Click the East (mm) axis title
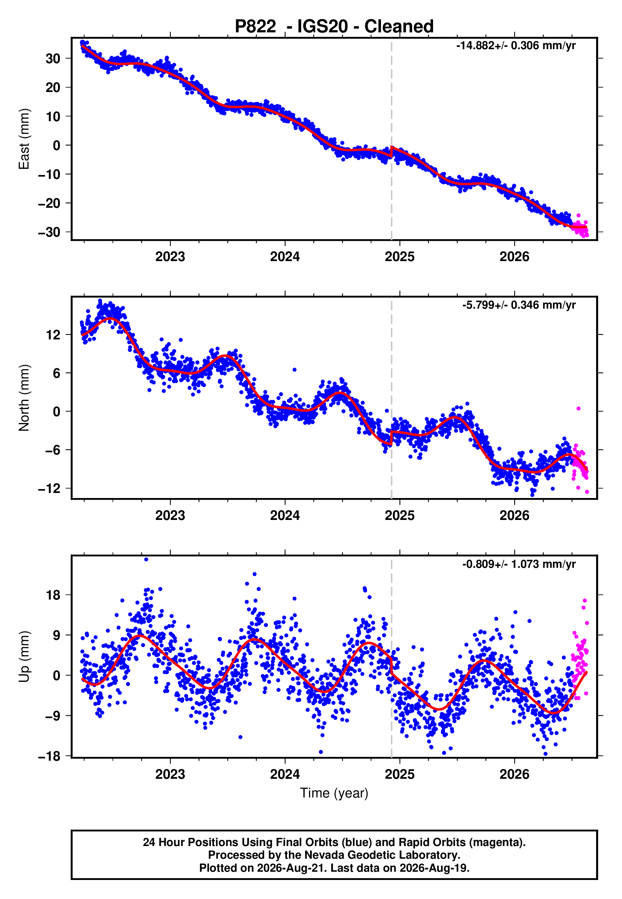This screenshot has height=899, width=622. (x=24, y=139)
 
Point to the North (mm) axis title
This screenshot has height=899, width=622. (x=24, y=398)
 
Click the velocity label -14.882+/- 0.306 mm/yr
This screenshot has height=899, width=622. (x=516, y=46)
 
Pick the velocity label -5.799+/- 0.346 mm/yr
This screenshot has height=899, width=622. (x=519, y=305)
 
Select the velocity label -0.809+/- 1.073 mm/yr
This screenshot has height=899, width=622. (x=519, y=564)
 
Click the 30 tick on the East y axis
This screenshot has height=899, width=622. (x=53, y=58)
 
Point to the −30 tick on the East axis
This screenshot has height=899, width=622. (x=49, y=232)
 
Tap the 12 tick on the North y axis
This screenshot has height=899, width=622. (x=53, y=334)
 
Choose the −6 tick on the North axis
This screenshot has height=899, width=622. (x=53, y=450)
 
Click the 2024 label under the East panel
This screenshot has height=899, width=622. (x=285, y=257)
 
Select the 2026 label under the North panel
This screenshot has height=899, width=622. (x=515, y=515)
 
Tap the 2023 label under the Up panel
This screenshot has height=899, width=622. (x=170, y=774)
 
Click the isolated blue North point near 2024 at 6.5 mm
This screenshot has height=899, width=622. (x=295, y=370)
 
